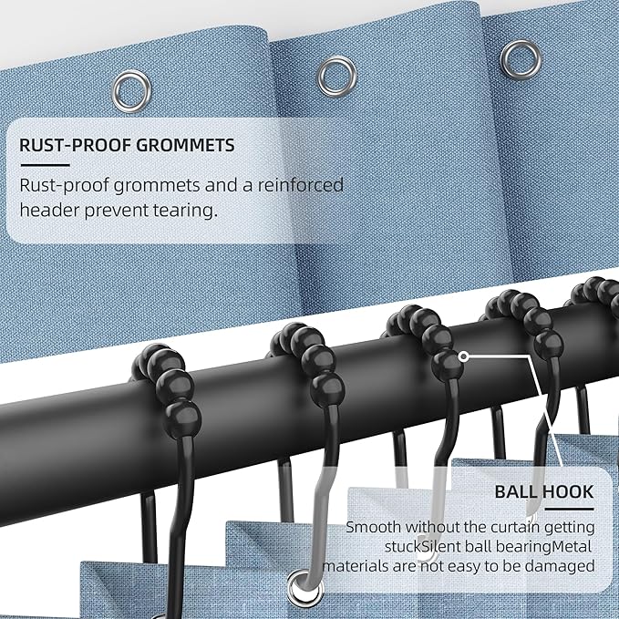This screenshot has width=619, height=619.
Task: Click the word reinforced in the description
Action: point(301,185)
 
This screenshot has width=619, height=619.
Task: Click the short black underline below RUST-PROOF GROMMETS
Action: point(45,165)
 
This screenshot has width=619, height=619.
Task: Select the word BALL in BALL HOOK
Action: point(515,492)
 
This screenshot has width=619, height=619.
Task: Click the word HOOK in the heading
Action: point(568,492)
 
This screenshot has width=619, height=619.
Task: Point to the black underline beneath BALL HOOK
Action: point(569,509)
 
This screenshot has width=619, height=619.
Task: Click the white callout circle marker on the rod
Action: point(465,356)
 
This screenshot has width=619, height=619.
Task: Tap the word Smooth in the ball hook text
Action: point(373,527)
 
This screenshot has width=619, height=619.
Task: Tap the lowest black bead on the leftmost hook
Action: point(182,419)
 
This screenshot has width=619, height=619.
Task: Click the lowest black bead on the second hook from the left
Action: point(327,390)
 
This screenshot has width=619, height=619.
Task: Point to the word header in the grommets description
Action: point(49,210)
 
